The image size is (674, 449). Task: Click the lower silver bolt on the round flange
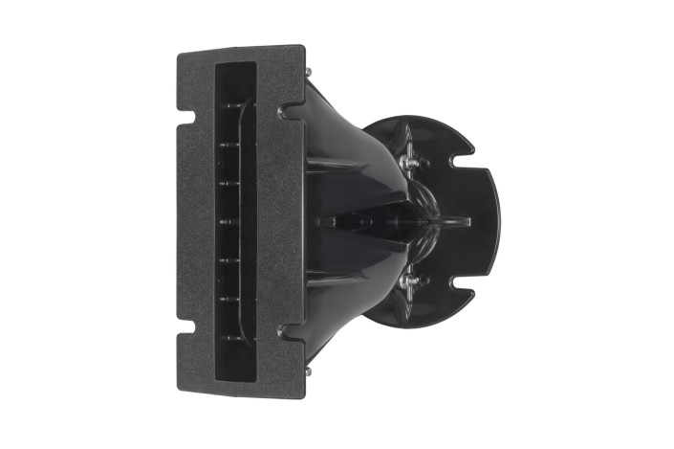[x=409, y=281]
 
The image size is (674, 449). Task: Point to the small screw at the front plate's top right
[x=307, y=71]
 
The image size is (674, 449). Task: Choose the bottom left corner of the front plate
[x=181, y=393]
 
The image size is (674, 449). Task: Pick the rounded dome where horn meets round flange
[x=426, y=221]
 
